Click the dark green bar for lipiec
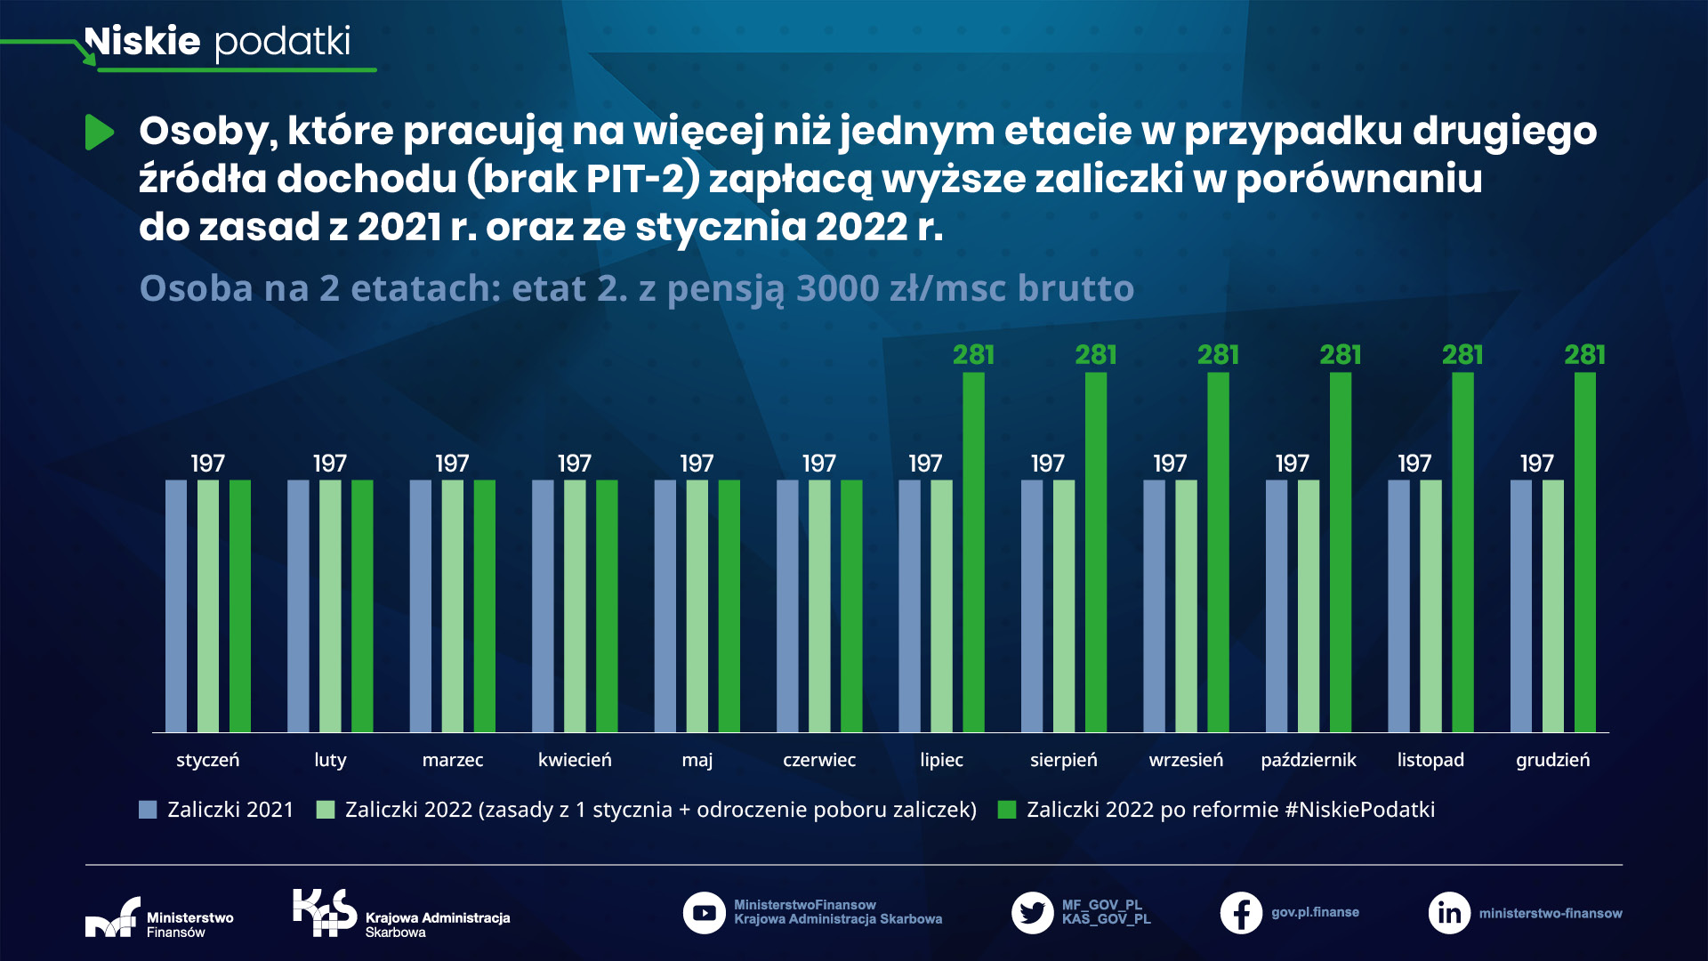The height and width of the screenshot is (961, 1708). click(973, 552)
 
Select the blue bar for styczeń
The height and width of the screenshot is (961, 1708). click(176, 605)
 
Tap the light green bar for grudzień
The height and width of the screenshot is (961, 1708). click(1552, 605)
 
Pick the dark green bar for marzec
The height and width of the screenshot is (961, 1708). click(484, 605)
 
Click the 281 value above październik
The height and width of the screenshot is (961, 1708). click(1340, 355)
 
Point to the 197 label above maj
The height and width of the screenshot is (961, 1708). click(697, 464)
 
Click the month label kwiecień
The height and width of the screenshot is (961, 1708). click(575, 760)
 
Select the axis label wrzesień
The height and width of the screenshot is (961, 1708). click(1186, 760)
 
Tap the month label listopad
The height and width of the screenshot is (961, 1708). click(1430, 760)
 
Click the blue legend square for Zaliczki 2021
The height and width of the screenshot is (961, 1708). click(148, 810)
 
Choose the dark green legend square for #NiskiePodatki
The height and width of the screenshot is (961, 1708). click(1007, 810)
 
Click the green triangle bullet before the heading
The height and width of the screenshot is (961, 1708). click(99, 133)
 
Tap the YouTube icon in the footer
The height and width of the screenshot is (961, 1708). click(704, 913)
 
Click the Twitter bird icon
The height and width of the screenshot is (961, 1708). click(1032, 913)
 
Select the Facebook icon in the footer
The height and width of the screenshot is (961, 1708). click(1241, 913)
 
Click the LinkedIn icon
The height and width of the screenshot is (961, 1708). click(1449, 913)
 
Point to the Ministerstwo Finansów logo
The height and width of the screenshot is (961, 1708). click(113, 918)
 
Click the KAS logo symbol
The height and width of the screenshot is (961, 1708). click(324, 913)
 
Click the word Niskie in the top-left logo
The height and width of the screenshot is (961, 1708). click(142, 41)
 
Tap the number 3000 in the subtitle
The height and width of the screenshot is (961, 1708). click(837, 288)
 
